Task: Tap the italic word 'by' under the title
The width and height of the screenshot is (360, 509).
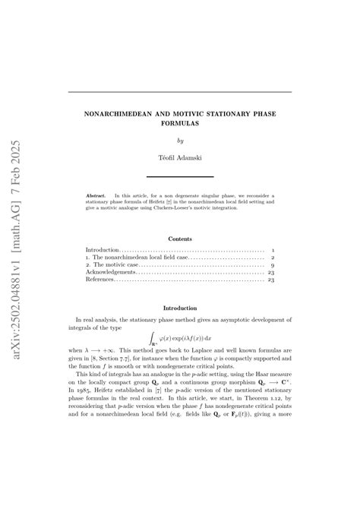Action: tap(180, 141)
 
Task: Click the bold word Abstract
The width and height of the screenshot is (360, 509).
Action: tap(96, 195)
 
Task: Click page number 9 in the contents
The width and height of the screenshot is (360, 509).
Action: tap(272, 263)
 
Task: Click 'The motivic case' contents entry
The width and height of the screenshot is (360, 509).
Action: tap(113, 263)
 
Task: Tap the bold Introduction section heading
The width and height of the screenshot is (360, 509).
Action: tap(180, 308)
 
